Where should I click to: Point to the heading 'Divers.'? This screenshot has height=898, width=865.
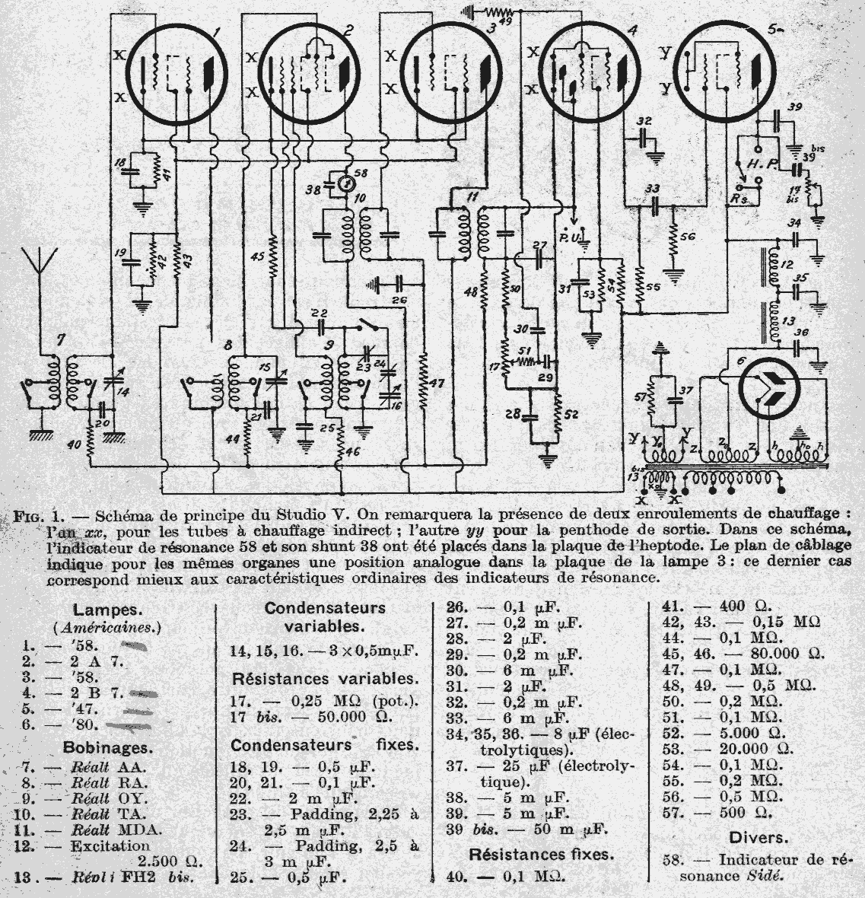(758, 838)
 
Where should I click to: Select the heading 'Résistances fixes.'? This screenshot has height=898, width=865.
(542, 855)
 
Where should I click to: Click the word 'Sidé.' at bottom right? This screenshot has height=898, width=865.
(763, 876)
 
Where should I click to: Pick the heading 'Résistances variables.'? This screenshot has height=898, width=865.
(323, 678)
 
